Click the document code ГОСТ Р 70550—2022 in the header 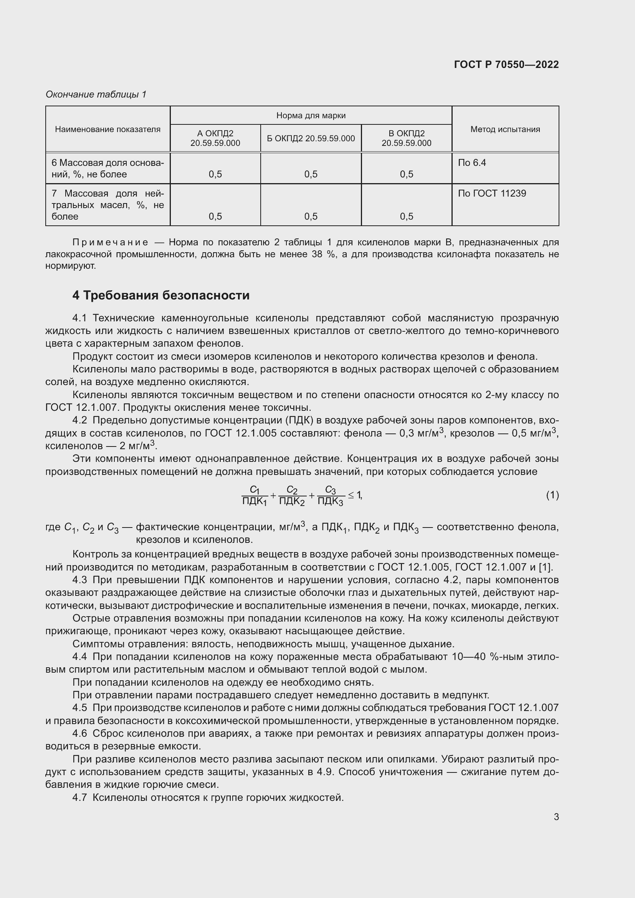[506, 64]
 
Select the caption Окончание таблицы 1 [96, 94]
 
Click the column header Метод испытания [505, 129]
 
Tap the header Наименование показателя [107, 129]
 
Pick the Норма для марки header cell [311, 116]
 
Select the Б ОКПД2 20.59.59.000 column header [311, 139]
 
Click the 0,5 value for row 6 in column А [215, 174]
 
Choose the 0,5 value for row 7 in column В [406, 216]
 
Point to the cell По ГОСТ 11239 [492, 193]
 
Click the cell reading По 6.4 [471, 163]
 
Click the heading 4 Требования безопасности [161, 295]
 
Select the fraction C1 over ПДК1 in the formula [255, 496]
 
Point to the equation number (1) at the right [552, 495]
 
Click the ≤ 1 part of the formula [355, 495]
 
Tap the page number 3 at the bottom [556, 817]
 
